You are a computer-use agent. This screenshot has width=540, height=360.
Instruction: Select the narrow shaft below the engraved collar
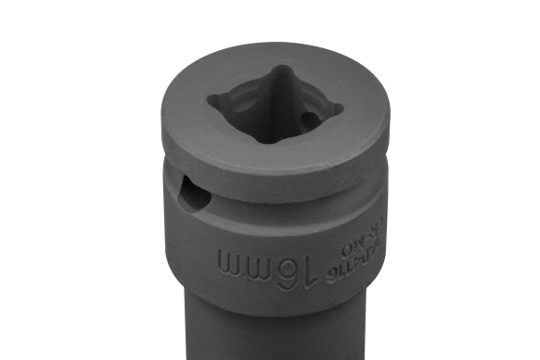click(x=270, y=334)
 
